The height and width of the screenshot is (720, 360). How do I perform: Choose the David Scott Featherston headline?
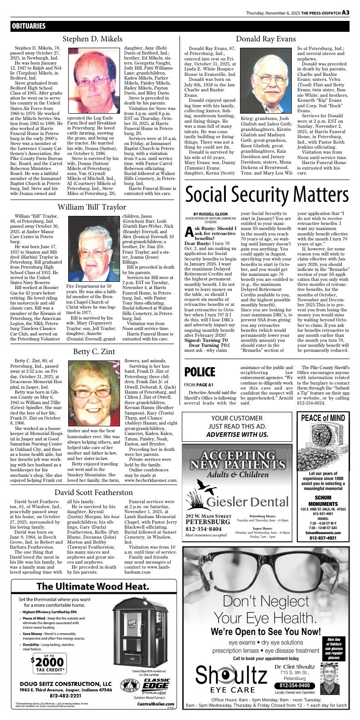(x=94, y=492)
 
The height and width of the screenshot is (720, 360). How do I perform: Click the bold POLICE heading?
(x=200, y=372)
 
